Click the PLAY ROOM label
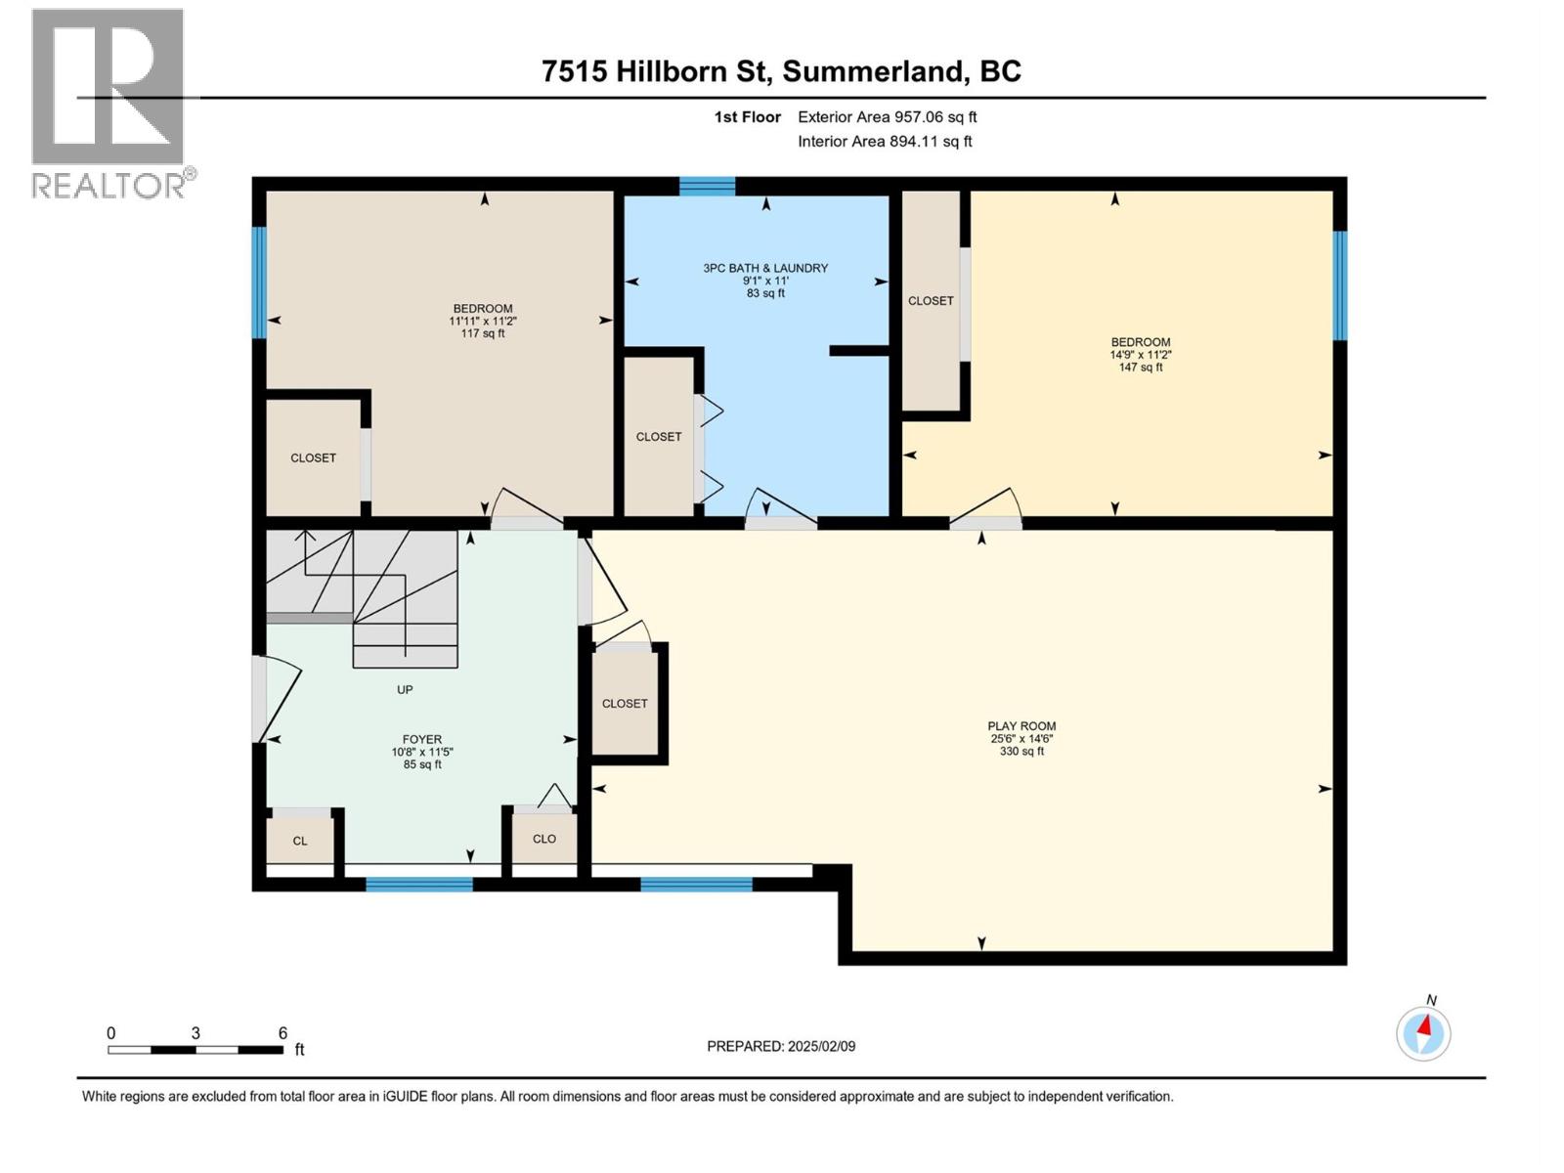[1021, 726]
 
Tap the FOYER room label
[422, 740]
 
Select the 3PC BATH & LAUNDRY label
[765, 268]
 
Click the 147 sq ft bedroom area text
[1141, 368]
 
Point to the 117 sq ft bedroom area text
[483, 333]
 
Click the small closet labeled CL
[300, 841]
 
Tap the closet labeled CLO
[544, 839]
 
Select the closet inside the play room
[625, 703]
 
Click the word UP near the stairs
[405, 690]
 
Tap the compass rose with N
[1423, 1032]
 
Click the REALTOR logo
[109, 103]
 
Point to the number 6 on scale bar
[282, 1033]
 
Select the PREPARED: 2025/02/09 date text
[781, 1046]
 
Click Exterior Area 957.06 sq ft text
[887, 117]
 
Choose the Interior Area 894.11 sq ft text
[885, 142]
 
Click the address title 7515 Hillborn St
[781, 71]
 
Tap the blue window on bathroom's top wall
[708, 186]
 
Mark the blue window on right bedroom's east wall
[1340, 285]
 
